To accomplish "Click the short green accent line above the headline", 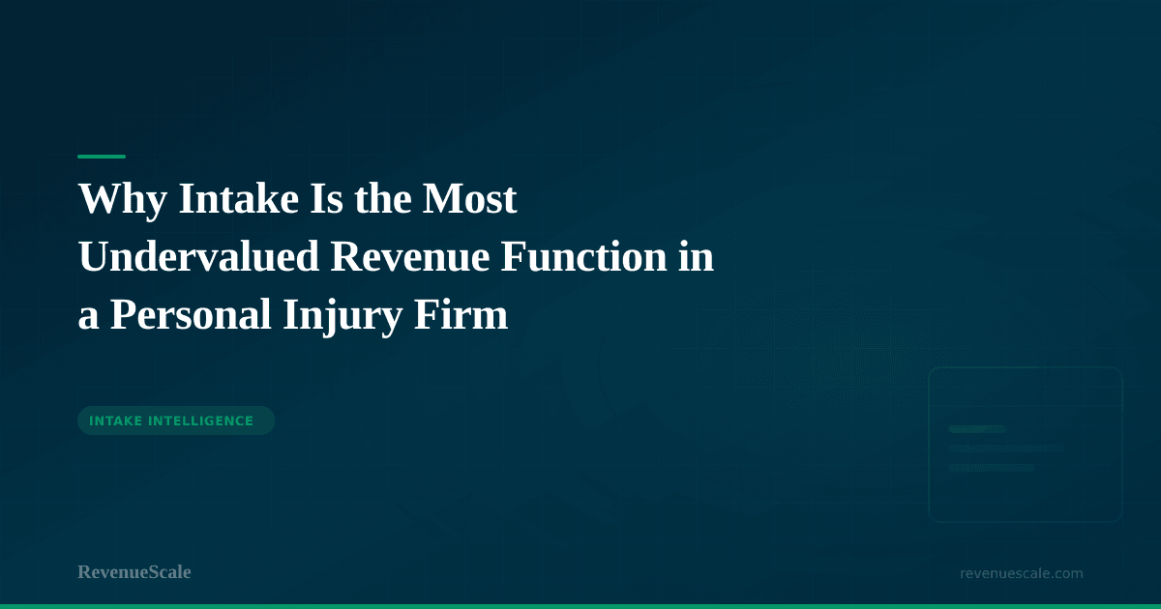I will [102, 157].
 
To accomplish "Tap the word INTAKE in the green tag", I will [117, 420].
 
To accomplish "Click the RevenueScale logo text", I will [134, 572].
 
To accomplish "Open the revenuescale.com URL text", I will [1022, 573].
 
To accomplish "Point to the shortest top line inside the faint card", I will [977, 429].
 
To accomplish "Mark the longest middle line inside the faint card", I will [1006, 449].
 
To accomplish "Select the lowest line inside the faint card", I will [992, 468].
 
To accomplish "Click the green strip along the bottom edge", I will [580, 606].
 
